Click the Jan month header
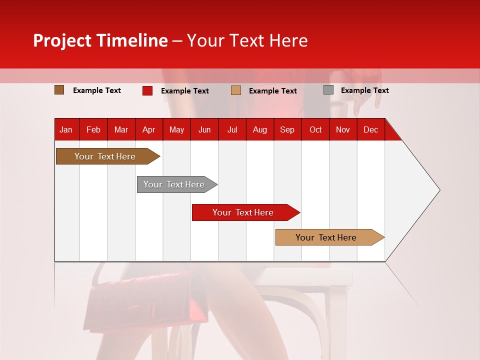click(x=66, y=129)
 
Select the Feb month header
click(x=93, y=129)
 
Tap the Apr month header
click(x=148, y=129)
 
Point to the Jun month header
click(x=204, y=129)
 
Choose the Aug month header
click(x=259, y=129)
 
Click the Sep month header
click(x=287, y=129)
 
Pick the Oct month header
click(x=315, y=129)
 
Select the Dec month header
click(x=370, y=129)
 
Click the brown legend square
click(x=59, y=90)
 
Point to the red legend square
click(x=147, y=90)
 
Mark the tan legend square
click(x=236, y=90)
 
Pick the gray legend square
click(x=328, y=90)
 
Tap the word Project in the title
click(x=62, y=40)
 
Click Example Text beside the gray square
click(x=364, y=90)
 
